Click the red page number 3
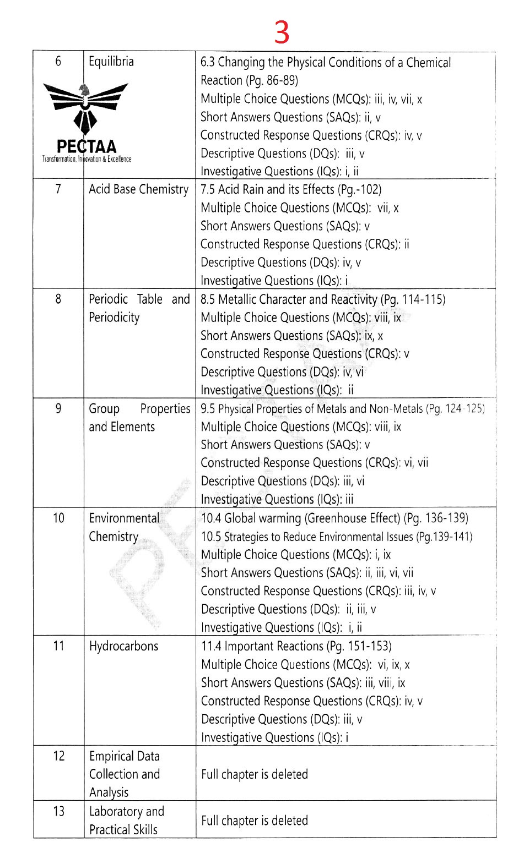pyautogui.click(x=282, y=33)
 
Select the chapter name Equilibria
pyautogui.click(x=111, y=61)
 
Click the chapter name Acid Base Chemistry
pyautogui.click(x=138, y=189)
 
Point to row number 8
pyautogui.click(x=58, y=299)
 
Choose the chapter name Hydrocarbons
pyautogui.click(x=123, y=646)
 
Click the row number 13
pyautogui.click(x=58, y=811)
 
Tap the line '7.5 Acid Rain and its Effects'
pyautogui.click(x=291, y=189)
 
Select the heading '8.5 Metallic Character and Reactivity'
pyautogui.click(x=323, y=299)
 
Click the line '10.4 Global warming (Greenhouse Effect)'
pyautogui.click(x=334, y=518)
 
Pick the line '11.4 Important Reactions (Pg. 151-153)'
pyautogui.click(x=296, y=646)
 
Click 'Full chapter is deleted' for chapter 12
pyautogui.click(x=254, y=774)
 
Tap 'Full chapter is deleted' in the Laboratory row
pyautogui.click(x=254, y=821)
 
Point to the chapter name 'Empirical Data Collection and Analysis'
pyautogui.click(x=125, y=774)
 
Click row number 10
pyautogui.click(x=58, y=518)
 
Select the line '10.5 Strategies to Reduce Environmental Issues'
pyautogui.click(x=337, y=537)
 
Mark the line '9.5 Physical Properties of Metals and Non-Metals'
pyautogui.click(x=342, y=409)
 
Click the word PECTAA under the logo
pyautogui.click(x=87, y=147)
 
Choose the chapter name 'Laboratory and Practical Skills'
pyautogui.click(x=126, y=821)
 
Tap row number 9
pyautogui.click(x=58, y=409)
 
